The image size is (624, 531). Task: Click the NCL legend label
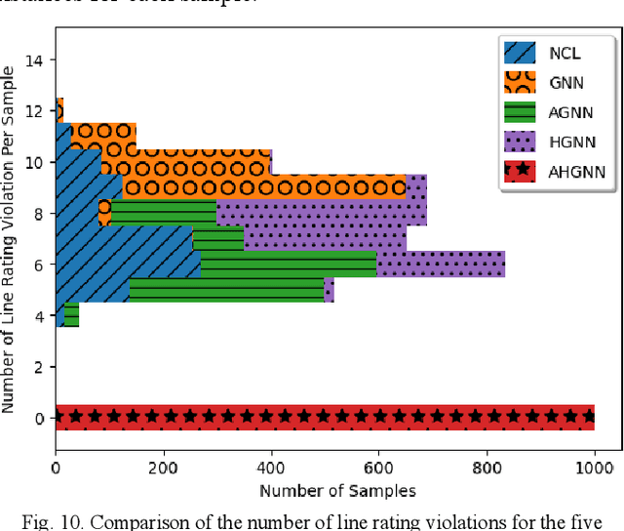(x=565, y=54)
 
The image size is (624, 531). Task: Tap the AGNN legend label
(x=569, y=113)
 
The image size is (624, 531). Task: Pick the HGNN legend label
(x=569, y=143)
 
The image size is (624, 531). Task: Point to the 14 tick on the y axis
(x=39, y=61)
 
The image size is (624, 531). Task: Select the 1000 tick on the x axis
(x=593, y=470)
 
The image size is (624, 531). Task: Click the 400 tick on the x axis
(x=271, y=470)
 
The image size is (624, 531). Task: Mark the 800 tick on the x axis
(x=486, y=470)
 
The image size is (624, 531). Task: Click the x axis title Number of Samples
(x=324, y=490)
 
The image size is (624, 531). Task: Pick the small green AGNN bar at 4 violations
(x=71, y=314)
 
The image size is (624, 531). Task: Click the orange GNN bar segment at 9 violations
(x=263, y=186)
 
